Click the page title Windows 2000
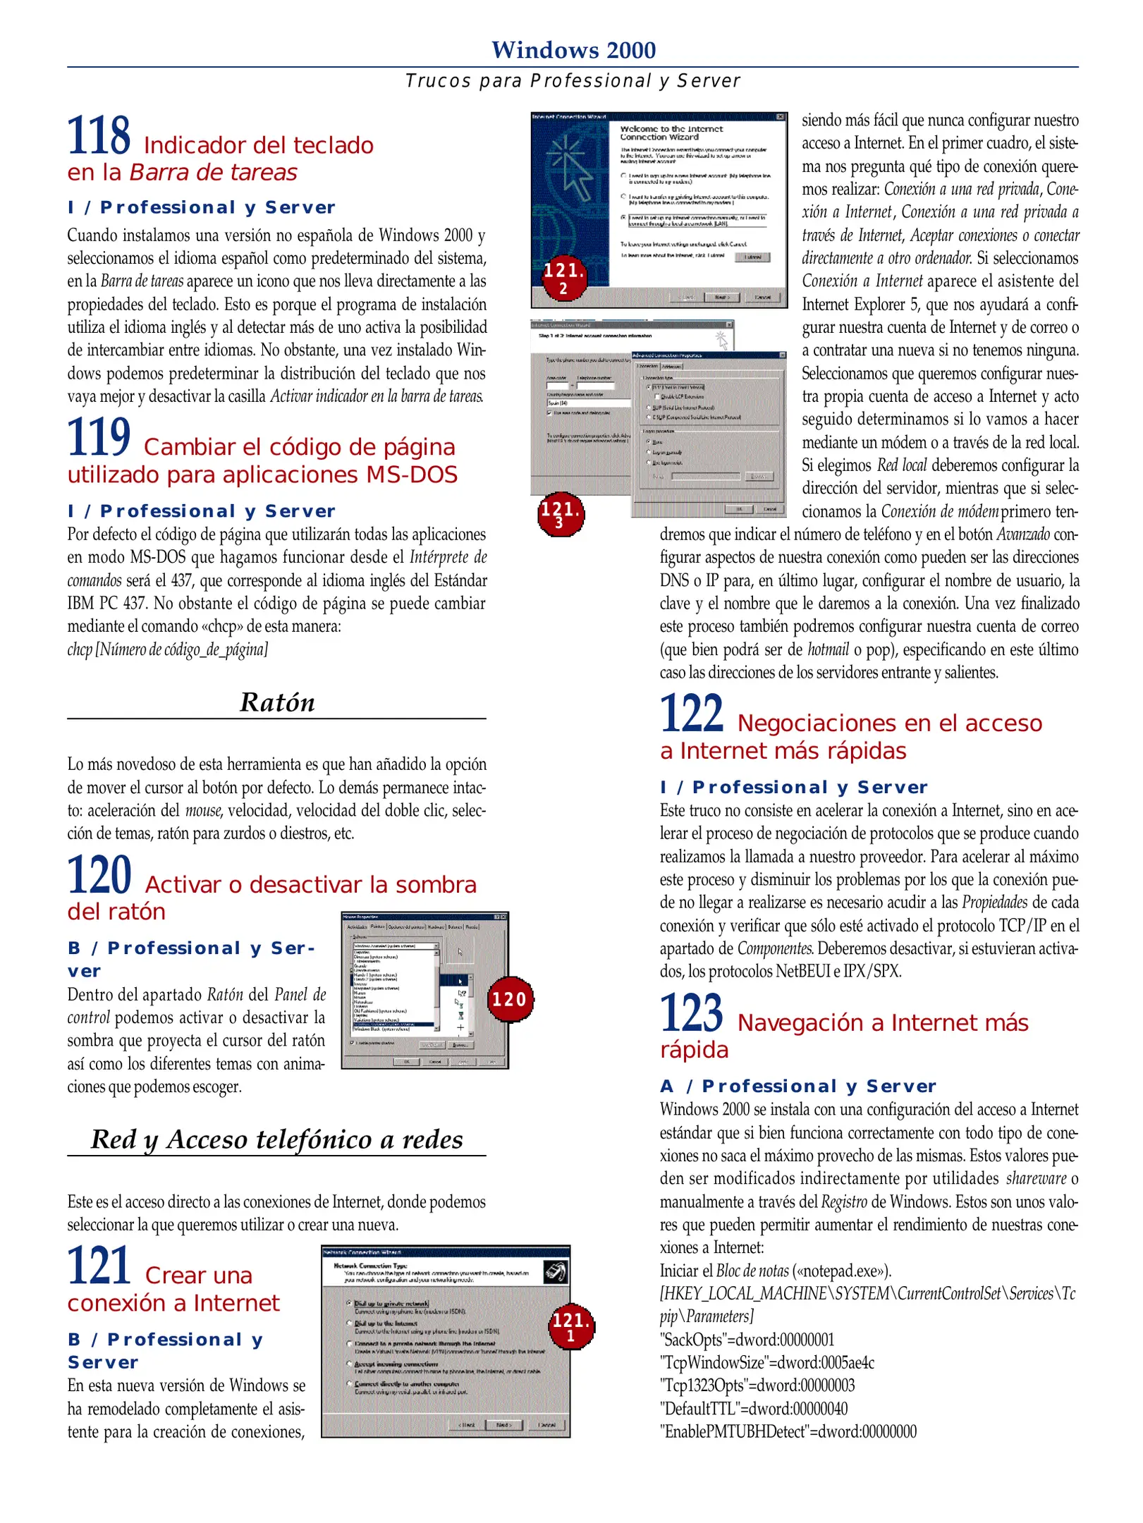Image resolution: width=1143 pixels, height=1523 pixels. coord(573,50)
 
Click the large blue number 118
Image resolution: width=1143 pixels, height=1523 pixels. coord(98,135)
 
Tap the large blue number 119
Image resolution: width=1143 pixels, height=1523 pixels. coord(98,437)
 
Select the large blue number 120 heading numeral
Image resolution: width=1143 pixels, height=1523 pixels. coord(99,875)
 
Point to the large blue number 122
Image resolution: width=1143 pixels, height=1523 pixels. coord(691,714)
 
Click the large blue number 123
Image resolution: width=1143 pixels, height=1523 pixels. coord(691,1013)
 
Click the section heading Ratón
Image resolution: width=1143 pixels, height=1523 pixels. coord(277,703)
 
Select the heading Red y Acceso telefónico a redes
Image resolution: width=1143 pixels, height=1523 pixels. coord(276,1139)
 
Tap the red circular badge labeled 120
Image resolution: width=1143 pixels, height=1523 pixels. coord(509,999)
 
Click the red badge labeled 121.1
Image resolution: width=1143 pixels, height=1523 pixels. coord(570,1326)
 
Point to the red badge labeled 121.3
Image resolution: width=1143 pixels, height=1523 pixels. coord(560,514)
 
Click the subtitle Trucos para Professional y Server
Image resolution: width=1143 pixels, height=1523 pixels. coord(573,81)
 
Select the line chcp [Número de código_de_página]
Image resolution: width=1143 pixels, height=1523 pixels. coord(167,649)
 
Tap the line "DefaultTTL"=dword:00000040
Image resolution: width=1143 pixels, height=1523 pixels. coord(753,1409)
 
